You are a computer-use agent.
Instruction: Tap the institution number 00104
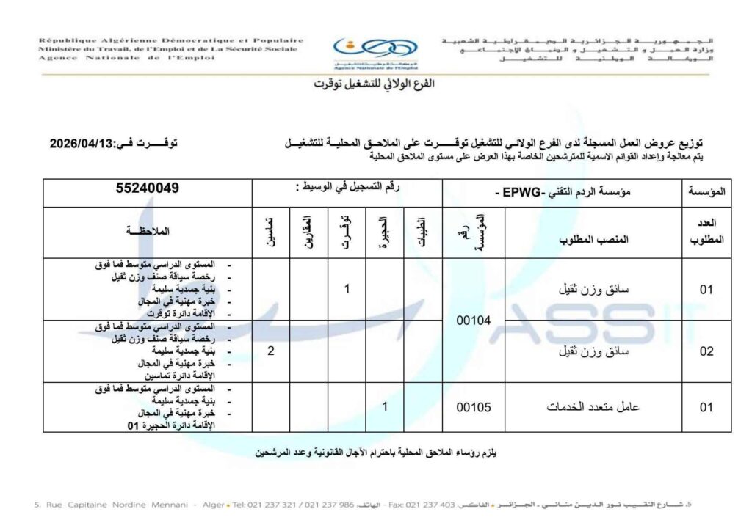(x=474, y=319)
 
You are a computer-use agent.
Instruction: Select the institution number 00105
(x=474, y=407)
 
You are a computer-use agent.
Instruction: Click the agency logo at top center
(x=375, y=51)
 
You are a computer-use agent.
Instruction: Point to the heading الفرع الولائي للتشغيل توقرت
(x=375, y=84)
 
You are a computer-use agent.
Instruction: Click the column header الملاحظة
(x=148, y=232)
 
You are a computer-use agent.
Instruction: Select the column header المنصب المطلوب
(x=593, y=240)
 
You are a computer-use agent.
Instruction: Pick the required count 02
(x=706, y=351)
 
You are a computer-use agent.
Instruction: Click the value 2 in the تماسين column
(x=271, y=351)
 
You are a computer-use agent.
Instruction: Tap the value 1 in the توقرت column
(x=347, y=289)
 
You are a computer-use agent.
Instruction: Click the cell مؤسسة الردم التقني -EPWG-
(x=563, y=191)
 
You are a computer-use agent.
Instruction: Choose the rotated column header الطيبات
(x=422, y=232)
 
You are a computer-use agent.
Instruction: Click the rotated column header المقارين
(x=308, y=232)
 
